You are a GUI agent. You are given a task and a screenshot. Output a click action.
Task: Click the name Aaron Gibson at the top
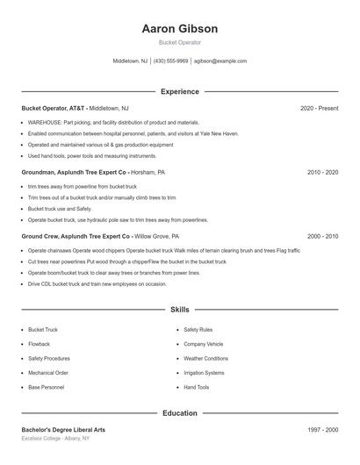(x=179, y=29)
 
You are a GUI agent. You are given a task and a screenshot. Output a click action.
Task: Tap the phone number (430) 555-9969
(x=170, y=61)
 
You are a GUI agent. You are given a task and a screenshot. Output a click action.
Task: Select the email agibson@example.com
(x=220, y=61)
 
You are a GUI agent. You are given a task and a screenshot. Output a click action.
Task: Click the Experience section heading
(x=179, y=91)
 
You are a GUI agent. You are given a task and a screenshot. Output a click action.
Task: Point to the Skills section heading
(x=179, y=310)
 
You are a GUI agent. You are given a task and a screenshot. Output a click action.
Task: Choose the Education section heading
(x=179, y=412)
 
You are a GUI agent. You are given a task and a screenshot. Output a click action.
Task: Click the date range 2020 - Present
(x=319, y=108)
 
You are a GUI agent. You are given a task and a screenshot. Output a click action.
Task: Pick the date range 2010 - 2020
(x=322, y=173)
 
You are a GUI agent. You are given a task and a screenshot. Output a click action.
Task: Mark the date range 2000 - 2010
(x=322, y=237)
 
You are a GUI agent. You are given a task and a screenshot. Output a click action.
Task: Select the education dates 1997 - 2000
(x=322, y=430)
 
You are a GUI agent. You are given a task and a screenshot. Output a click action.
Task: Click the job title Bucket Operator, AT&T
(x=54, y=108)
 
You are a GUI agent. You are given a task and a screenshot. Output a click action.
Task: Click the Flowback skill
(x=39, y=344)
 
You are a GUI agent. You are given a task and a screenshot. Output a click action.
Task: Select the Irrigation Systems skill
(x=204, y=373)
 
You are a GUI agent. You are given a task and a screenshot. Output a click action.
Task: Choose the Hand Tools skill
(x=196, y=387)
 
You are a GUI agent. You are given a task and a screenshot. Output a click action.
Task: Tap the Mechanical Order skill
(x=47, y=373)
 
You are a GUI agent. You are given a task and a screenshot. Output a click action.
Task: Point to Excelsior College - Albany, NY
(x=57, y=438)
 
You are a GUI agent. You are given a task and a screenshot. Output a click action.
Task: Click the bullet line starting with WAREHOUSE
(x=113, y=123)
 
